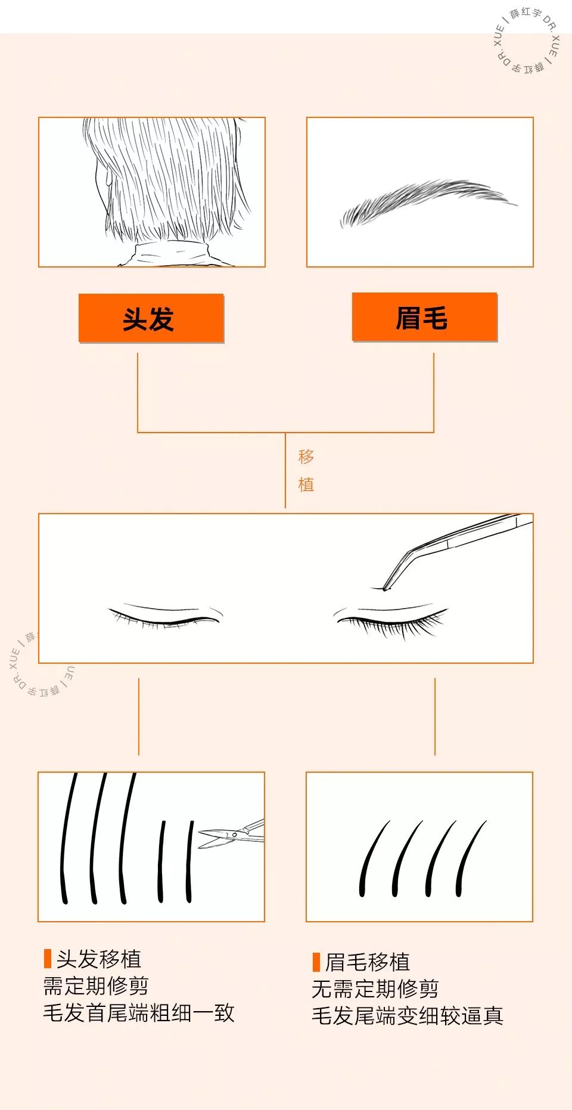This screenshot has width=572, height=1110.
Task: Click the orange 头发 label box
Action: [x=151, y=318]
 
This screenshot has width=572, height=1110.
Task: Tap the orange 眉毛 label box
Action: [x=424, y=317]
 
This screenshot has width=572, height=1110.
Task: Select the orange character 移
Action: [x=306, y=457]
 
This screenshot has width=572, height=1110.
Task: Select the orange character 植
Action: [x=306, y=484]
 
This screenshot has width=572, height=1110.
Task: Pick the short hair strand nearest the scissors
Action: [x=189, y=861]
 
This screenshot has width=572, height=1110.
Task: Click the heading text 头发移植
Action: [x=99, y=959]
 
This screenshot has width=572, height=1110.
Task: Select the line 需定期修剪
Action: [x=96, y=986]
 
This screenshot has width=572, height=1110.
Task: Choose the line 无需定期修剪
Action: [x=375, y=989]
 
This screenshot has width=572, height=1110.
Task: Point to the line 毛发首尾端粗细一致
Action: [x=139, y=1013]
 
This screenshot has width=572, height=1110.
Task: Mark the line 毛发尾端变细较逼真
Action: [x=408, y=1016]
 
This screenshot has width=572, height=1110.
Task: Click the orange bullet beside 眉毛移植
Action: [x=316, y=962]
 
